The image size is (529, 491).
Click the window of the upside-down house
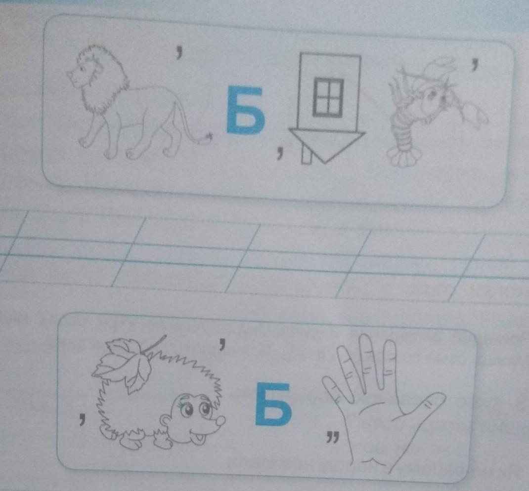328,97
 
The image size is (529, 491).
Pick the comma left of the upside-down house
279,151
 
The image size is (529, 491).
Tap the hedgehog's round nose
220,421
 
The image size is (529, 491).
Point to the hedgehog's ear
165,422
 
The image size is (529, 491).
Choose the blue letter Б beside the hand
273,405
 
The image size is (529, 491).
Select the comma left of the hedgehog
82,418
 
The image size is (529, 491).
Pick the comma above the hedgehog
221,343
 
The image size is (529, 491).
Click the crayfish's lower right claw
475,116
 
